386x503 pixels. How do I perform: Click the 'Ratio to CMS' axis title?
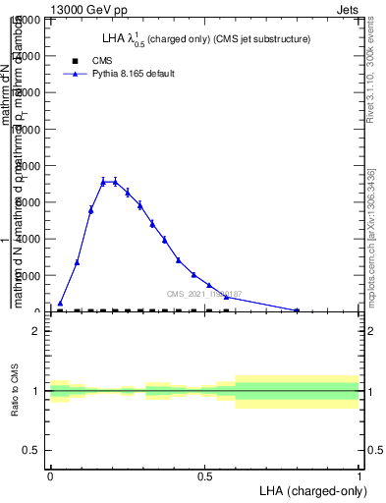[15, 391]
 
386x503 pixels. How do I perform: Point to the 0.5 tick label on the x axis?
[204, 474]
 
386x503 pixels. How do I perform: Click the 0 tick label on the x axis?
[50, 474]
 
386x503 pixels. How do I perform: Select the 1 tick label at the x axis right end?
[359, 474]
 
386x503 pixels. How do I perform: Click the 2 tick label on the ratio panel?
[36, 331]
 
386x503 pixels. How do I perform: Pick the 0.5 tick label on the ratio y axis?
[31, 450]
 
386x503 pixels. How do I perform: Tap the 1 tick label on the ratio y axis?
[36, 391]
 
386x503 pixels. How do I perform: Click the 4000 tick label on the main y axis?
[28, 239]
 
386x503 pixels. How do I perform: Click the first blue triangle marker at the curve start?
[60, 304]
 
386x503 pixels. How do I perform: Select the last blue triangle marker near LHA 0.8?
[297, 309]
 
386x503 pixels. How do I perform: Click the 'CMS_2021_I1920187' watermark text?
[203, 294]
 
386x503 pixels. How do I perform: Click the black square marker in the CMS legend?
[74, 60]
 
